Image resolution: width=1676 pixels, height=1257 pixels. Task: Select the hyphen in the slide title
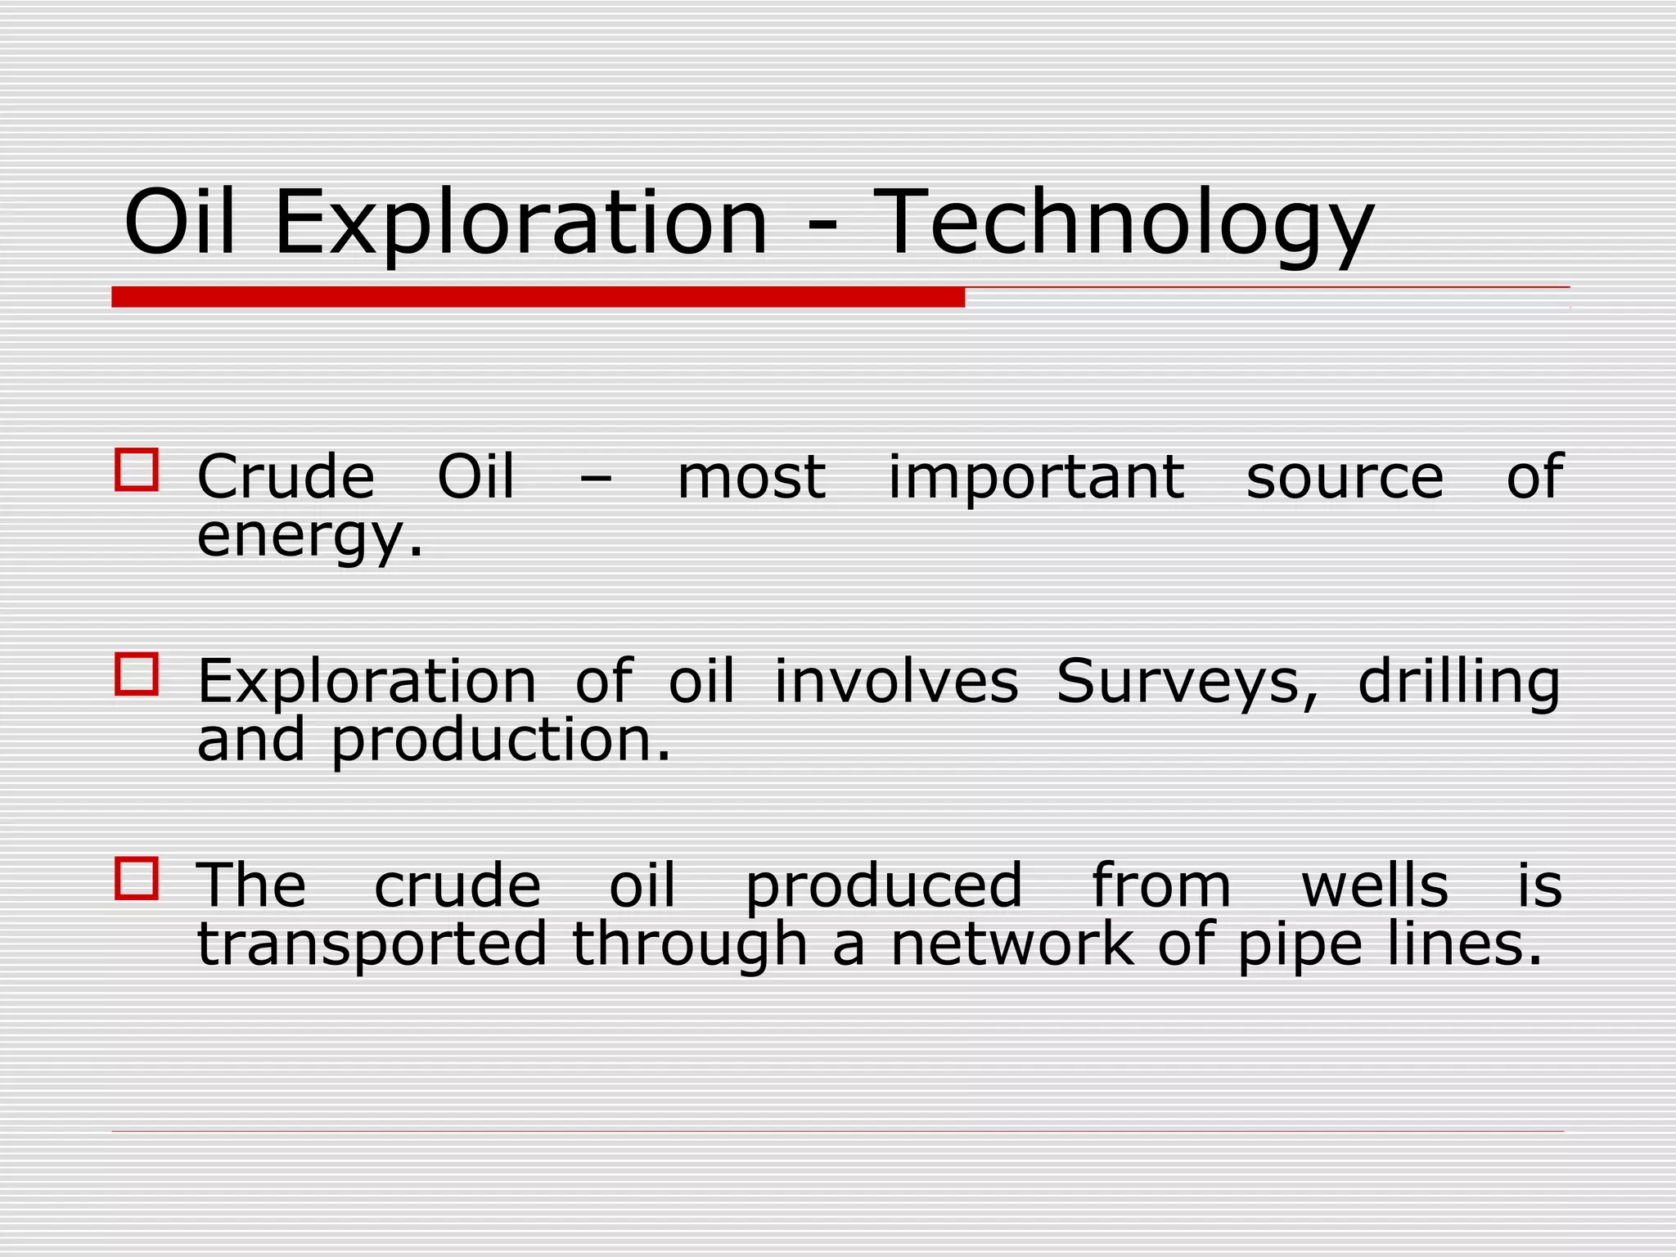click(821, 228)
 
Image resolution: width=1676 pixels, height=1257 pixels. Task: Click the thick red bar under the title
click(538, 297)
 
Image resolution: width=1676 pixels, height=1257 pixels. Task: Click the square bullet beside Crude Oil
click(137, 470)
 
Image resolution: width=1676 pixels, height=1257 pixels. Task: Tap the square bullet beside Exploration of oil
click(137, 674)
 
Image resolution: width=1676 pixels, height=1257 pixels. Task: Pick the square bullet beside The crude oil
click(137, 879)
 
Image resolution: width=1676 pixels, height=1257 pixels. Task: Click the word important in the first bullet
click(1036, 479)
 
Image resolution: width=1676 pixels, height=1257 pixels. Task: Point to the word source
click(1345, 479)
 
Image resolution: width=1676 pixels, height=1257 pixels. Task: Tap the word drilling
click(1459, 683)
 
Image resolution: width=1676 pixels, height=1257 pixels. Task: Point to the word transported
click(372, 945)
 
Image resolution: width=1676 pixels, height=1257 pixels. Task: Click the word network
click(1013, 945)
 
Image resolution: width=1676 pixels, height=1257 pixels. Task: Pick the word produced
click(884, 888)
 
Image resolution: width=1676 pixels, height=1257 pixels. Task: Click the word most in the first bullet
click(751, 479)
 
